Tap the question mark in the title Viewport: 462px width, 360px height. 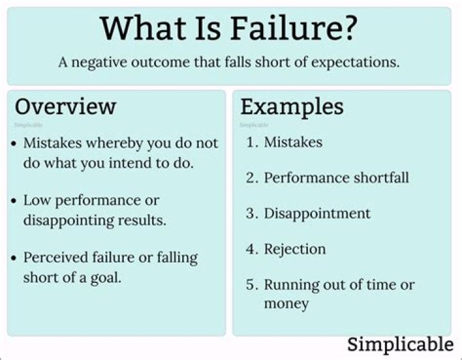[349, 28]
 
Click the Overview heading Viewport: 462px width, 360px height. [65, 107]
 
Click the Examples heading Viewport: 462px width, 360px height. [292, 108]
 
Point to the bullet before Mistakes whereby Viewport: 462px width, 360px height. [13, 144]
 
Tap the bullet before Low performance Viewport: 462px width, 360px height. [13, 201]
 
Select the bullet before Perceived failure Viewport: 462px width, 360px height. [13, 259]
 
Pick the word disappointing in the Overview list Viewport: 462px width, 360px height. [69, 221]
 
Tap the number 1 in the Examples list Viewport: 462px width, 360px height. [250, 142]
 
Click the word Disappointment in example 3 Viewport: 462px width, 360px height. [317, 214]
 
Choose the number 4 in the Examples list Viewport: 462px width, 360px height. [250, 249]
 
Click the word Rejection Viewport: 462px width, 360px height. [295, 250]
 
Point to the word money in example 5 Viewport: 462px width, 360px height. [286, 304]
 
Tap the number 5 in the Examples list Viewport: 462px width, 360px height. [250, 284]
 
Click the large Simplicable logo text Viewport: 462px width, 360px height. [400, 345]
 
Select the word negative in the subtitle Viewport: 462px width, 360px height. [99, 63]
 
